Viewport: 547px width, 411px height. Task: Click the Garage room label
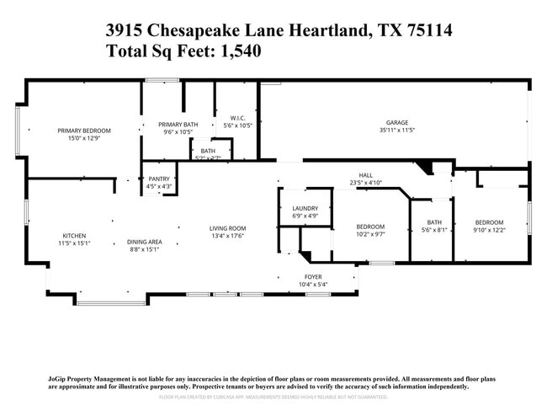pyautogui.click(x=397, y=123)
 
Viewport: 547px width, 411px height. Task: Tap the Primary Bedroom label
pyautogui.click(x=83, y=131)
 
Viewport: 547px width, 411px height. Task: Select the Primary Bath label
pyautogui.click(x=178, y=125)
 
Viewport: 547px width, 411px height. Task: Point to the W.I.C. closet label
pyautogui.click(x=237, y=118)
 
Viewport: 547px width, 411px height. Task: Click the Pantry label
pyautogui.click(x=159, y=179)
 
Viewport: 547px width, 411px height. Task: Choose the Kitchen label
pyautogui.click(x=74, y=236)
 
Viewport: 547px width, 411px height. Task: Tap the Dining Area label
pyautogui.click(x=144, y=242)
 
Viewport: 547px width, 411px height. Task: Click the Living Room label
pyautogui.click(x=227, y=228)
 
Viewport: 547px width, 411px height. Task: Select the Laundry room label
pyautogui.click(x=305, y=208)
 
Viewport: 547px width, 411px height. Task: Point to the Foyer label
pyautogui.click(x=312, y=277)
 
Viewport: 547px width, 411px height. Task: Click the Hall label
pyautogui.click(x=365, y=175)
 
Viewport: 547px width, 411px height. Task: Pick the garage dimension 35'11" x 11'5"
pyautogui.click(x=397, y=131)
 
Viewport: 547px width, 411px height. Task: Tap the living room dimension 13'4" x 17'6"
pyautogui.click(x=227, y=236)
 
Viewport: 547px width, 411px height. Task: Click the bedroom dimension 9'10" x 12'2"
pyautogui.click(x=488, y=230)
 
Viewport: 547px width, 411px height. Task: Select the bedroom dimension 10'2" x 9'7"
pyautogui.click(x=370, y=234)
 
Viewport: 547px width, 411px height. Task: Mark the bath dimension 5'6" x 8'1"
pyautogui.click(x=433, y=230)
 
